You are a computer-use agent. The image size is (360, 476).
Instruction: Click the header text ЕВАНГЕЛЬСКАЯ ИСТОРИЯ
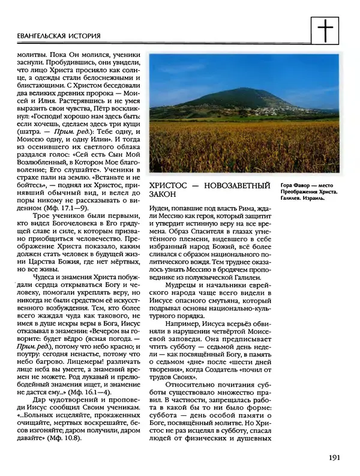click(x=54, y=37)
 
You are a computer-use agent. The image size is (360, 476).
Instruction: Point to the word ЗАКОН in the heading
click(x=163, y=194)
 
